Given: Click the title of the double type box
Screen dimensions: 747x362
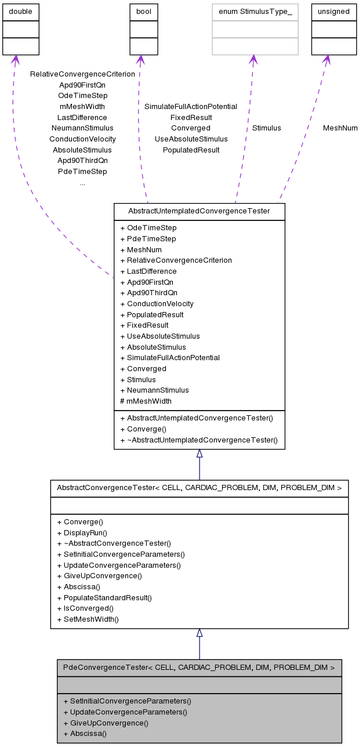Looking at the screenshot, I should (21, 12).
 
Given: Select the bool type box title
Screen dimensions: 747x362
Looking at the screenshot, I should (143, 12).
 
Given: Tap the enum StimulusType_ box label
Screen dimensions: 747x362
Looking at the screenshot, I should (255, 12).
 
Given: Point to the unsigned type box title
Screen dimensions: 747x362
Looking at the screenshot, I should (334, 12).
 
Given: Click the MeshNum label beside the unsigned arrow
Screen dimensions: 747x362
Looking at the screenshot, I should (340, 128).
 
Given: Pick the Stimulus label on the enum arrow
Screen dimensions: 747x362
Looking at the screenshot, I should (266, 128).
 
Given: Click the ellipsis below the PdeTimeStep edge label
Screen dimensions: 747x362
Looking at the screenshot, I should (82, 183).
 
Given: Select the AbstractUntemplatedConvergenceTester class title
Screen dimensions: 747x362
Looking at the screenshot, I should (199, 211).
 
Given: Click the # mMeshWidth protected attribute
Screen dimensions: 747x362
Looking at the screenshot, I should (146, 401).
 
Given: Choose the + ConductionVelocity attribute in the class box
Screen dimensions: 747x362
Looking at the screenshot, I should (157, 304).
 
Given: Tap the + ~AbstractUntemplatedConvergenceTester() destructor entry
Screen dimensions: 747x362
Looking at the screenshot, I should (198, 440).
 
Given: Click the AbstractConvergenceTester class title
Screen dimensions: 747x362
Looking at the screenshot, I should (199, 488).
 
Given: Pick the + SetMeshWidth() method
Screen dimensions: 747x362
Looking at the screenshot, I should (88, 619).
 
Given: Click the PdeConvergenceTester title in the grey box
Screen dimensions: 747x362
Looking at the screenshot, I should (199, 668).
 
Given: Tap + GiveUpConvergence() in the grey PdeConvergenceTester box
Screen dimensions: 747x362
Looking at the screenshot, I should (106, 723).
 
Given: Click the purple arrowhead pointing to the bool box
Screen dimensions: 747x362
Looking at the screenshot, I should (140, 59).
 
